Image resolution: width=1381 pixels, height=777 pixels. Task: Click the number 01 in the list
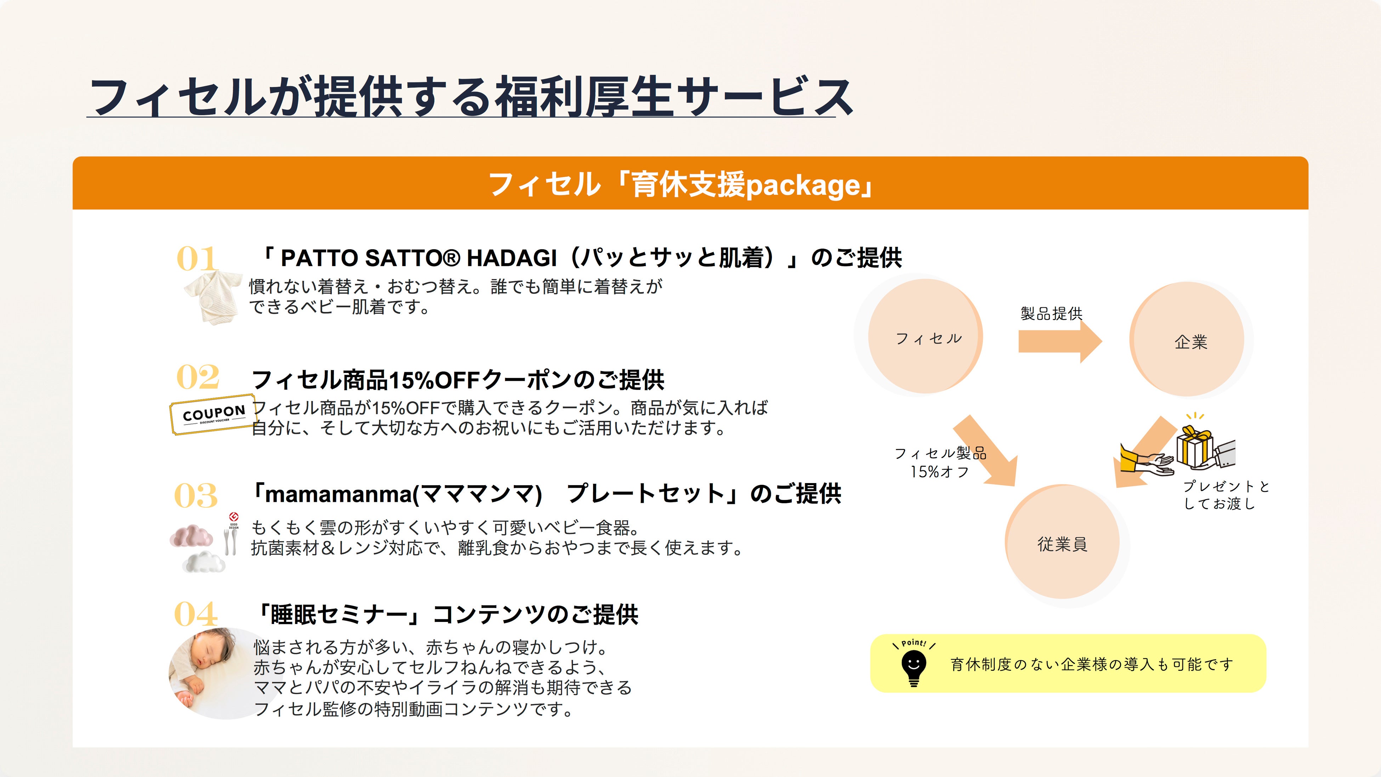click(197, 259)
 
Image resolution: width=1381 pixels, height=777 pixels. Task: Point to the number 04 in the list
click(196, 614)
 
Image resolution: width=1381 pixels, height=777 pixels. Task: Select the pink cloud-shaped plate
click(191, 536)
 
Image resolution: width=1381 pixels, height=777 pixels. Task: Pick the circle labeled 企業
click(1187, 339)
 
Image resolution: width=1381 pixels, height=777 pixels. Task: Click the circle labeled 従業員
click(1063, 541)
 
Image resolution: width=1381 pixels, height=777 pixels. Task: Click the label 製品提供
click(1051, 314)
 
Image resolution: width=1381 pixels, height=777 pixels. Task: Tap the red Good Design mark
click(234, 516)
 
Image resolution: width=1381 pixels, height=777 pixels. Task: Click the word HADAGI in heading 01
click(512, 258)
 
